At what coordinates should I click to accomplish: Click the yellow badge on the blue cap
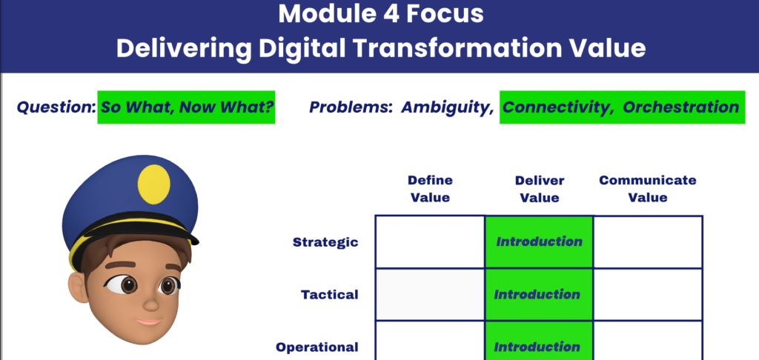[154, 184]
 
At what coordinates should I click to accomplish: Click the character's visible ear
[79, 287]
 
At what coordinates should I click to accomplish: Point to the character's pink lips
[148, 321]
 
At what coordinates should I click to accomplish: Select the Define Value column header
[430, 189]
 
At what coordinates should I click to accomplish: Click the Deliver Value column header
[540, 189]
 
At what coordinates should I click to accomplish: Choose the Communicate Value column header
[648, 189]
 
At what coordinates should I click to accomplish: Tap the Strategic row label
[325, 242]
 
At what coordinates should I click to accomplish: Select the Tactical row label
[330, 294]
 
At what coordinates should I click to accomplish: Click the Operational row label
[317, 347]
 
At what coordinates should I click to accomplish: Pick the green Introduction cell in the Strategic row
[539, 241]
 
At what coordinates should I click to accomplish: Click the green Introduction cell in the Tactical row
[539, 294]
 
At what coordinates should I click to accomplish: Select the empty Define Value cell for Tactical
[431, 294]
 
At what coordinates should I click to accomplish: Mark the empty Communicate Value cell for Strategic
[648, 241]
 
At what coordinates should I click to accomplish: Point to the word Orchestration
[680, 107]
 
